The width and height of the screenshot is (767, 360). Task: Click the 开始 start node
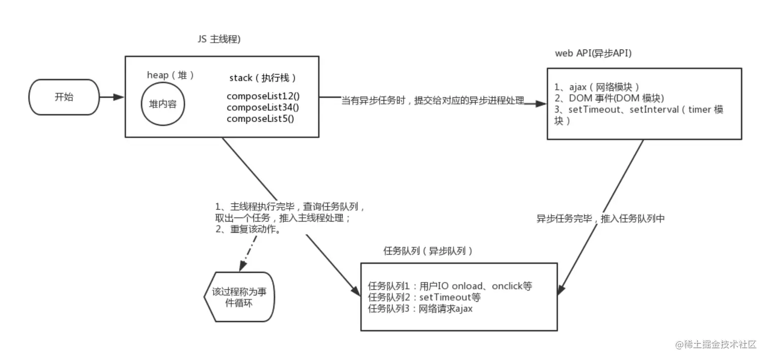(x=64, y=97)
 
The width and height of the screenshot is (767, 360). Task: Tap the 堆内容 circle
(x=163, y=103)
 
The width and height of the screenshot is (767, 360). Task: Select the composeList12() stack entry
(x=263, y=96)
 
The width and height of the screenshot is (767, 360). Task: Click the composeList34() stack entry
(x=263, y=107)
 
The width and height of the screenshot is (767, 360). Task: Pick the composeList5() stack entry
(x=260, y=119)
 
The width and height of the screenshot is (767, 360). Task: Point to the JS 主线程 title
(x=219, y=39)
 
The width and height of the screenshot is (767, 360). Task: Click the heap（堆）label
(x=170, y=75)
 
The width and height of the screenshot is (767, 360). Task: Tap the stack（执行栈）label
(x=263, y=78)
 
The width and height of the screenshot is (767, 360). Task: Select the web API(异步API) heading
(x=594, y=53)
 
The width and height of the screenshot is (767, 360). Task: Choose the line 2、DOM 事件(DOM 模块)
(x=609, y=98)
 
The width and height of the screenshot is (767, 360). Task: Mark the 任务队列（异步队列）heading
(x=428, y=251)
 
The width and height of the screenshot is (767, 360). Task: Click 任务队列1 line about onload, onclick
(x=450, y=286)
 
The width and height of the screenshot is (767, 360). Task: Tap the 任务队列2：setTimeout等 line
(x=424, y=297)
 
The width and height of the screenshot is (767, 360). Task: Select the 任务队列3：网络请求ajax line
(x=420, y=309)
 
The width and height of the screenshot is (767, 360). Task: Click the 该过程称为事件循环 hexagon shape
(x=239, y=297)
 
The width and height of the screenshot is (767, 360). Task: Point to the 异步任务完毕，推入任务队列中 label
(x=600, y=219)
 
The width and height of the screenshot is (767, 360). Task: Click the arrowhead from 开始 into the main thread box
(x=119, y=97)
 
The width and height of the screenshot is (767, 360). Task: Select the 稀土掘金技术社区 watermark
(x=716, y=344)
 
